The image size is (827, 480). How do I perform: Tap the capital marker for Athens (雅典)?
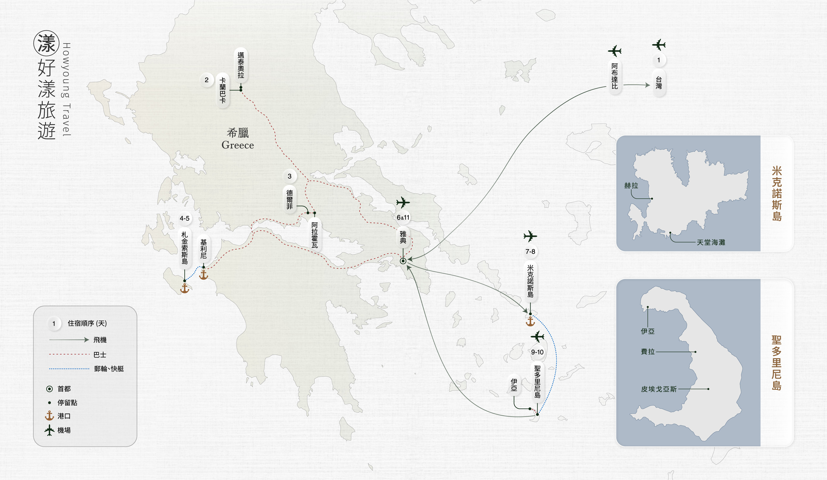tap(403, 261)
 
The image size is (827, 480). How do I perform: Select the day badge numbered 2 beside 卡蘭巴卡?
tap(206, 80)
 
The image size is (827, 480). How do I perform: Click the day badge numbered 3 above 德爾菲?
tap(289, 176)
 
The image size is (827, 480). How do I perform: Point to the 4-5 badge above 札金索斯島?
tap(184, 218)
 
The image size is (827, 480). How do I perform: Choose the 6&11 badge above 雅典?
tap(403, 217)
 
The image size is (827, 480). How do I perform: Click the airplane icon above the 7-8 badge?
tap(530, 236)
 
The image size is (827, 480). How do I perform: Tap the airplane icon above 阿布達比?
tap(614, 51)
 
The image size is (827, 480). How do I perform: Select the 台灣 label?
tap(658, 83)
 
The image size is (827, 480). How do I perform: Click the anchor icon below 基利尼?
tap(204, 275)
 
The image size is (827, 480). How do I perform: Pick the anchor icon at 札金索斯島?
tap(185, 288)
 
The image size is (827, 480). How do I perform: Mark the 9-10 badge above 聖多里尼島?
tap(537, 352)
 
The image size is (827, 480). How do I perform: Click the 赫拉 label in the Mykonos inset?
tap(631, 186)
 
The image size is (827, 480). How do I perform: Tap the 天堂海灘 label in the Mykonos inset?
tap(711, 242)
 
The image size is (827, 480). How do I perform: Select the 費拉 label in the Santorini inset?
tap(648, 352)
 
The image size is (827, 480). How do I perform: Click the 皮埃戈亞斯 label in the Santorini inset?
tap(659, 389)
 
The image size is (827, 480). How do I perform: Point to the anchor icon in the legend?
tap(49, 416)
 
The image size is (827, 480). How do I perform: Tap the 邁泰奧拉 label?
tap(241, 65)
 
